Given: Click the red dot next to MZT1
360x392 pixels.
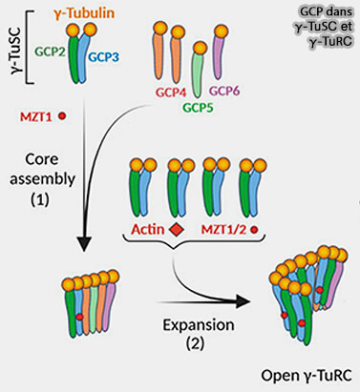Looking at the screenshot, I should (x=62, y=116).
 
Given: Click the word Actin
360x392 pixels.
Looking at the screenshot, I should (x=148, y=229).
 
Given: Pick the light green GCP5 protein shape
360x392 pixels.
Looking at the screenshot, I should (x=197, y=76).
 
